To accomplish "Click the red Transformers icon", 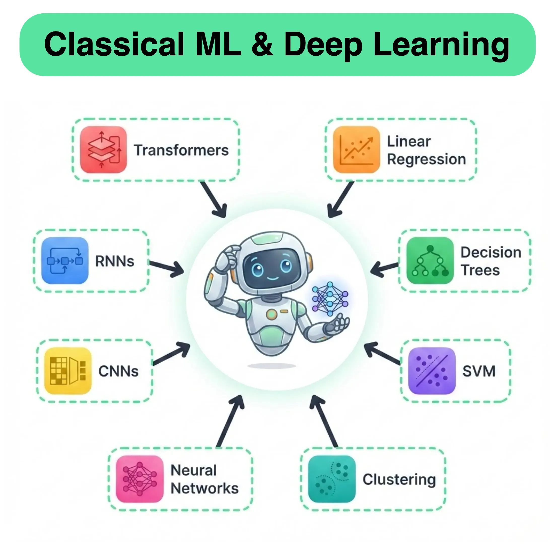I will pos(103,149).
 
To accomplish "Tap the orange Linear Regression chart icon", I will pos(356,149).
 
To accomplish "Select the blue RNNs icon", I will pos(65,260).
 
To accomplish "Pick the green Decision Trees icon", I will pos(430,260).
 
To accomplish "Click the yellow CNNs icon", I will pos(68,371).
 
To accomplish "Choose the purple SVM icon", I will pos(432,371).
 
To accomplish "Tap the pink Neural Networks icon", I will pos(140,479).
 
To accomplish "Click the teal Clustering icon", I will pos(332,479).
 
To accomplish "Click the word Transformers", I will pos(181,150).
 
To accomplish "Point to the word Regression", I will pos(426,159).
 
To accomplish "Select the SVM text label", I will pos(479,371).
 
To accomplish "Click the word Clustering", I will pos(399,479).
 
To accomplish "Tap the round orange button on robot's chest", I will pos(271,314).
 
